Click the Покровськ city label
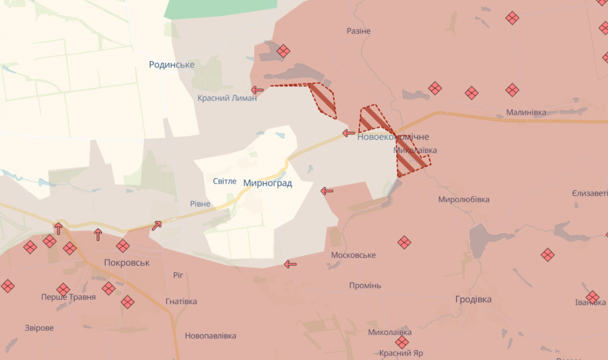pos(127,263)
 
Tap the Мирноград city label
pos(268,183)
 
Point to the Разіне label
pos(359,31)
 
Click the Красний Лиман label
pos(227,98)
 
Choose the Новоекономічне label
pos(393,137)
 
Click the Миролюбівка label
pos(464,199)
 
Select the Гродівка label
pos(473,299)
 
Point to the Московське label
pos(354,255)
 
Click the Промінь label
pos(365,285)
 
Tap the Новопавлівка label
pos(210,336)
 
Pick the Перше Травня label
pos(68,297)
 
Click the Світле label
pos(224,181)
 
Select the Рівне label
pos(200,204)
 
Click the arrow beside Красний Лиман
pos(257,90)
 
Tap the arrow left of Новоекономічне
pos(349,133)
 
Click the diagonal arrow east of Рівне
pos(157,226)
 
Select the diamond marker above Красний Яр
pos(402,342)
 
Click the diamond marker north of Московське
pos(404,242)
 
